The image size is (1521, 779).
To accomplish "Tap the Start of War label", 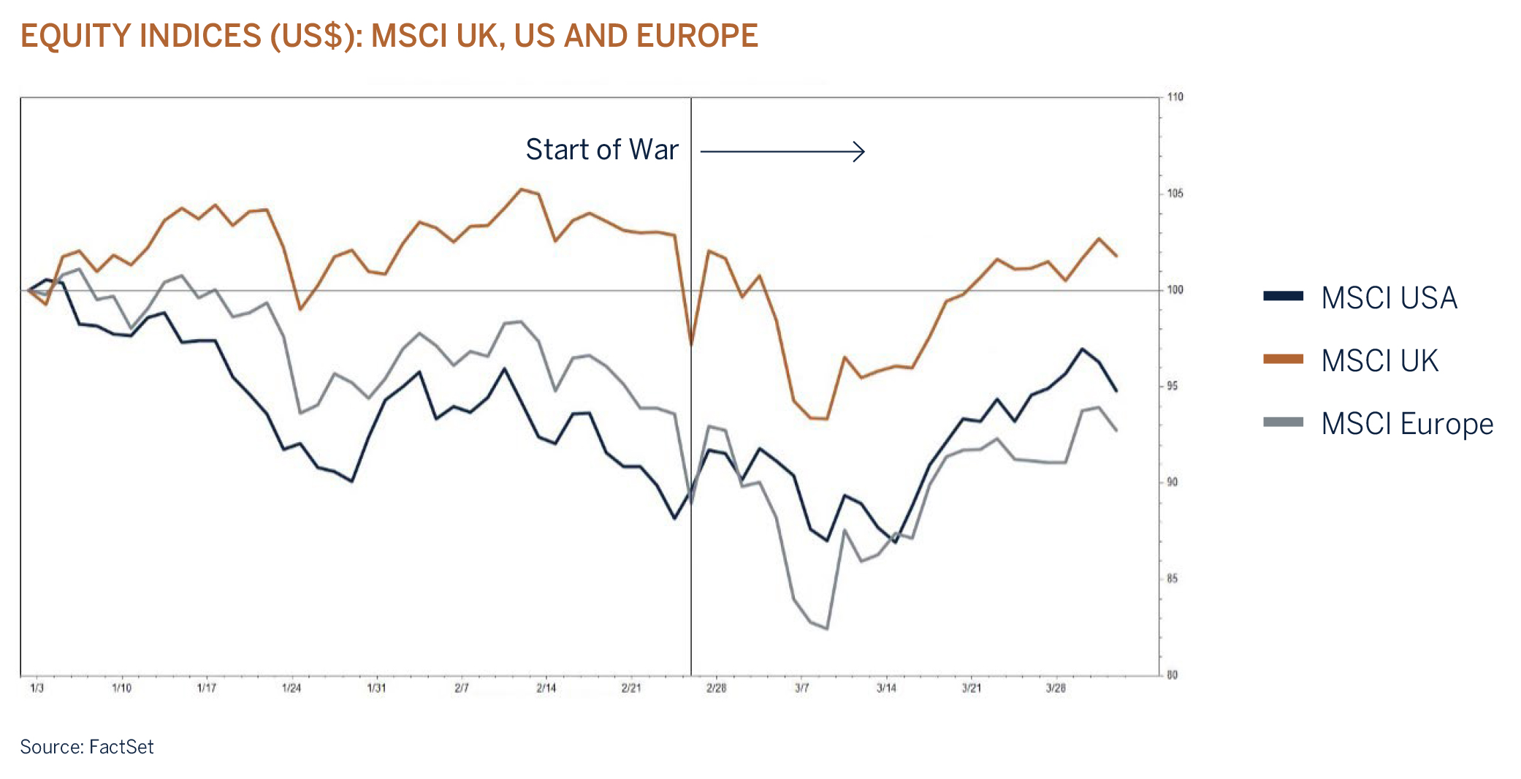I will (602, 150).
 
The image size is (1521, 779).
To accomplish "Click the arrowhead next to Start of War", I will (860, 151).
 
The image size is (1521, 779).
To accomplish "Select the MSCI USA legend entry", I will (1388, 298).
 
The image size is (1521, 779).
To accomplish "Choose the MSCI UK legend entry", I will (1379, 361).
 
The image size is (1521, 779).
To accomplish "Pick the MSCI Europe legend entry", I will (1406, 424).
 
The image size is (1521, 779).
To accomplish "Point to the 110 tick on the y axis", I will (1175, 97).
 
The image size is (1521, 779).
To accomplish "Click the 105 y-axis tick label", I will (1175, 194).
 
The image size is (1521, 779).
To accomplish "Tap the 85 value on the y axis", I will (1173, 579).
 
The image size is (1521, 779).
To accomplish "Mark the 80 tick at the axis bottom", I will (1173, 675).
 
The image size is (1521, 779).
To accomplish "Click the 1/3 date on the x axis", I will (37, 688).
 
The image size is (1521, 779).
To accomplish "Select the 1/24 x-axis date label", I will (291, 688).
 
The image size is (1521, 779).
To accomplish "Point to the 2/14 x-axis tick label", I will (546, 688).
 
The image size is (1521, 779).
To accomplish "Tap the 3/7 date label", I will (801, 688).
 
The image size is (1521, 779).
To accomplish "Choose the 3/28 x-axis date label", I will (1056, 688).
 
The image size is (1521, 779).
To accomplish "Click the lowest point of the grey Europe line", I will (826, 628).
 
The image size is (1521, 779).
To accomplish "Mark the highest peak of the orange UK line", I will (522, 189).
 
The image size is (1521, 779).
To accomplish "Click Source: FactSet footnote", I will (87, 747).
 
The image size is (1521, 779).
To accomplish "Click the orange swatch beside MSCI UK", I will (1283, 359).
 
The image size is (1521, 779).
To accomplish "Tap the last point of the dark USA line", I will (1116, 391).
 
